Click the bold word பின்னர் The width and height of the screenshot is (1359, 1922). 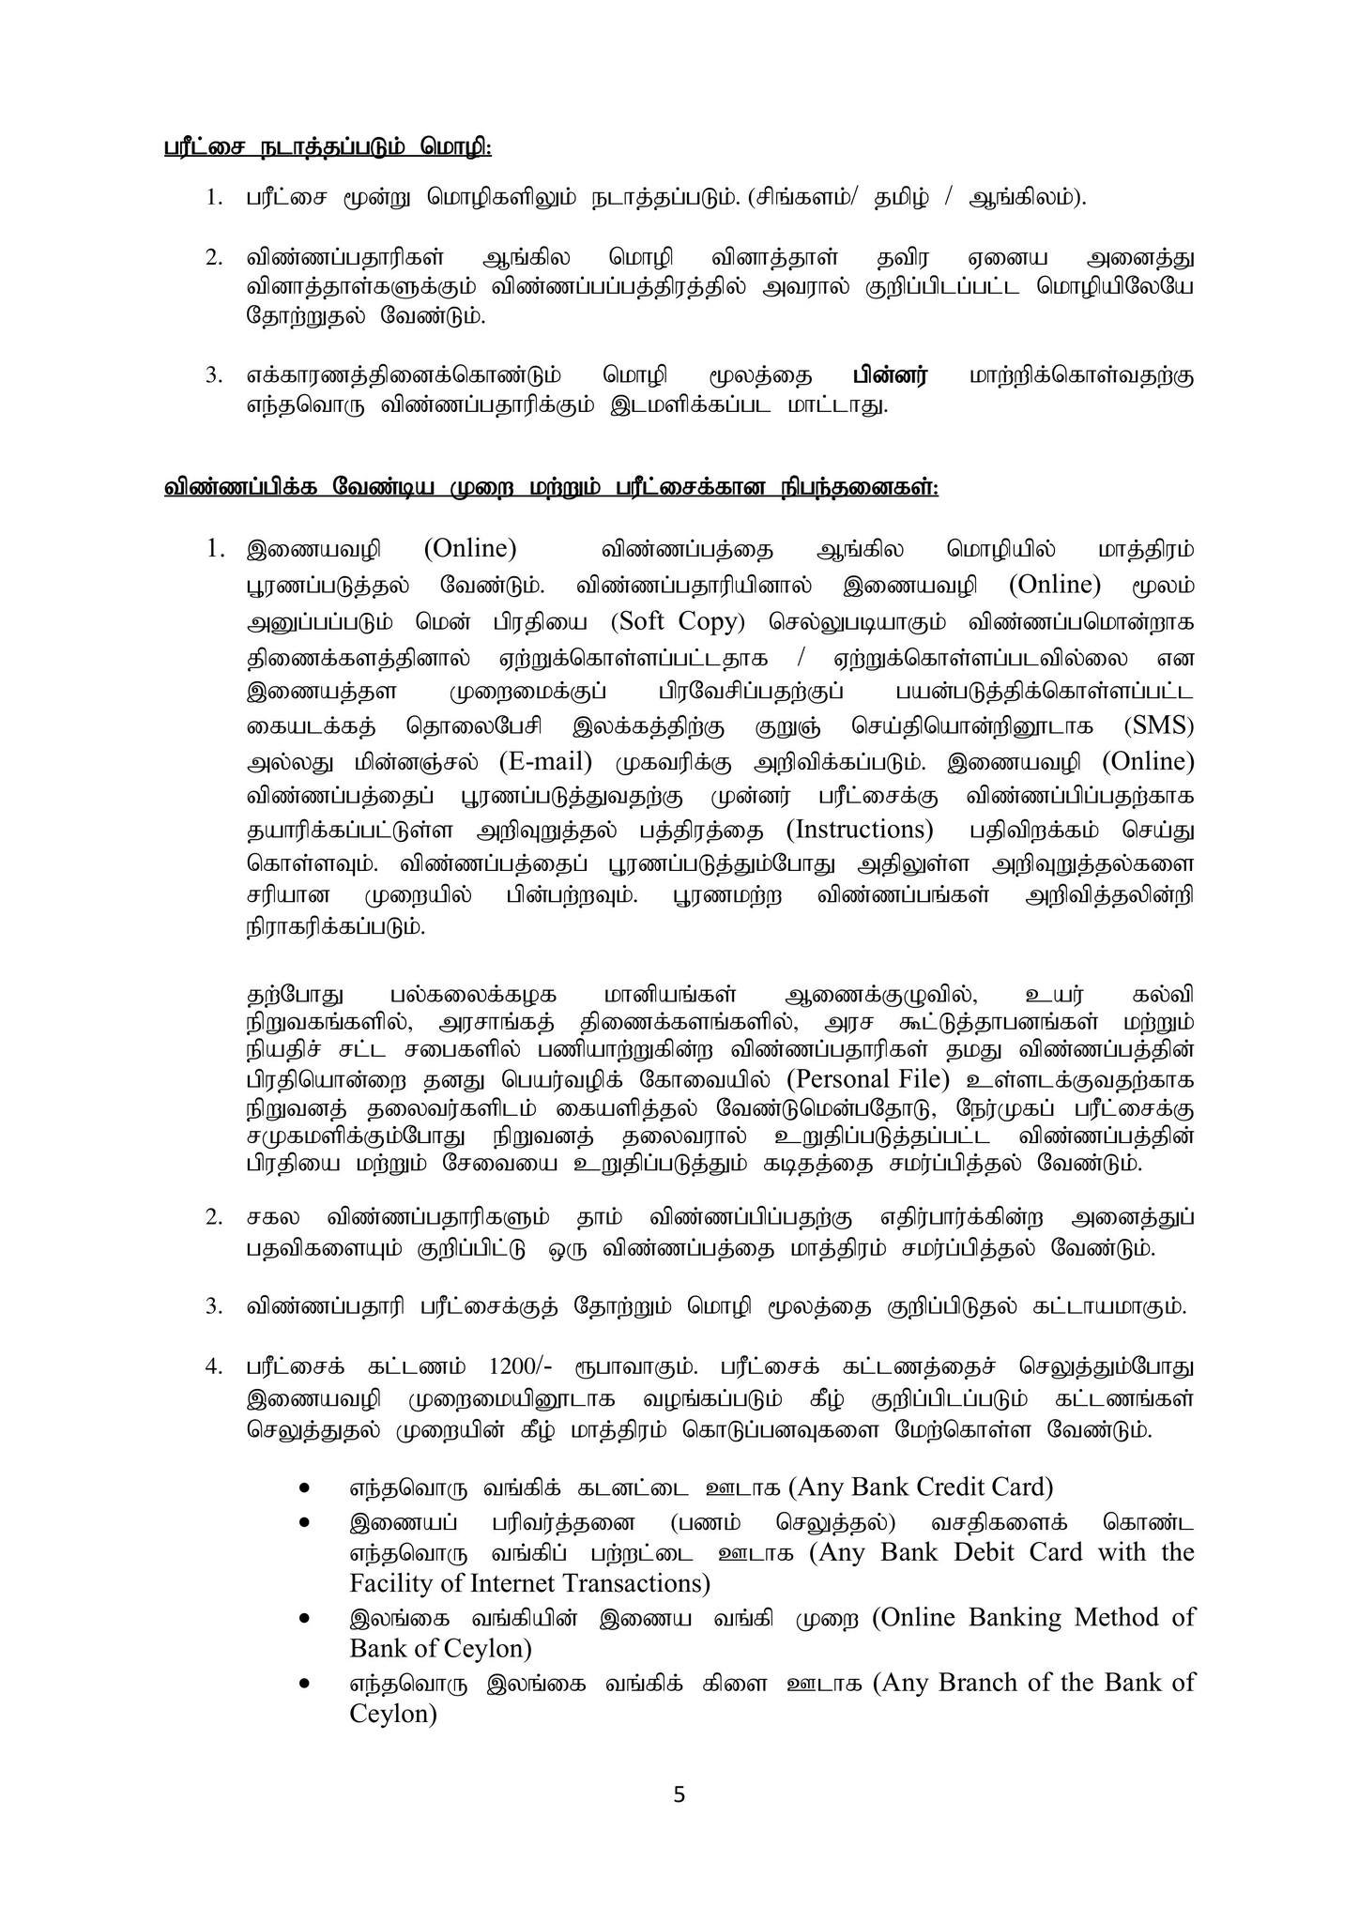pos(889,376)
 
